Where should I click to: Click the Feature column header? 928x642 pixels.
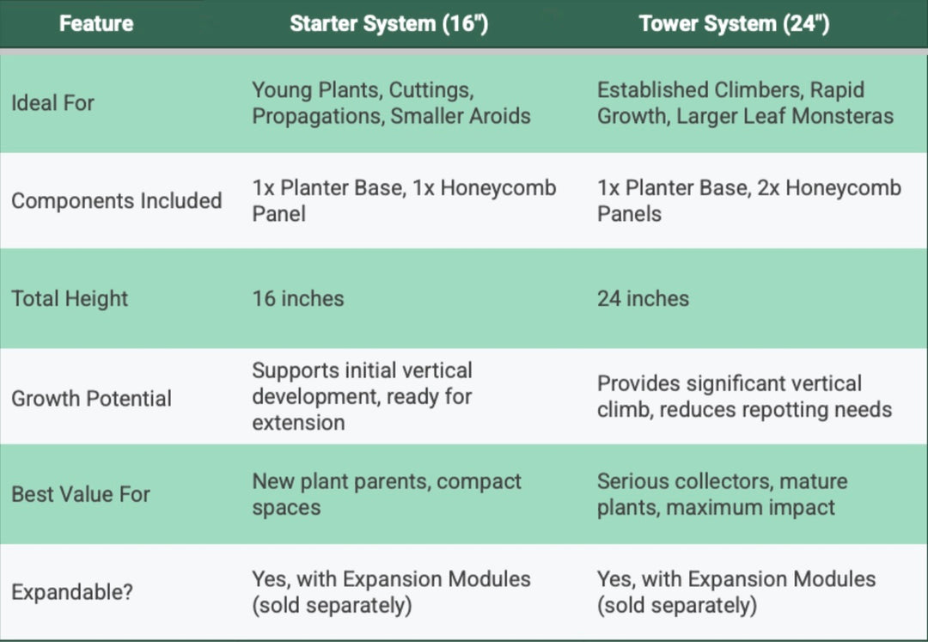pyautogui.click(x=96, y=24)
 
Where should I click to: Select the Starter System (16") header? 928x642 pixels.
pyautogui.click(x=389, y=24)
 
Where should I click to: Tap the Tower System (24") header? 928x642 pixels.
pyautogui.click(x=734, y=24)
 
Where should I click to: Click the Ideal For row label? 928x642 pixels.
pyautogui.click(x=52, y=103)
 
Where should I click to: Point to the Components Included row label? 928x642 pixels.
pyautogui.click(x=117, y=200)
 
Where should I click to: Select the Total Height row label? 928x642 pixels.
pyautogui.click(x=70, y=299)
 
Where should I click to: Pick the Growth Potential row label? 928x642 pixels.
pyautogui.click(x=92, y=398)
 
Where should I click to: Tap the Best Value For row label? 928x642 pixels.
pyautogui.click(x=81, y=494)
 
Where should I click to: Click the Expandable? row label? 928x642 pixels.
pyautogui.click(x=72, y=591)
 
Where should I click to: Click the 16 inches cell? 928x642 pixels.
pyautogui.click(x=298, y=299)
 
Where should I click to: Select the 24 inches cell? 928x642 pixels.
pyautogui.click(x=644, y=299)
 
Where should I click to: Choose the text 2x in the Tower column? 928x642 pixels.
pyautogui.click(x=765, y=188)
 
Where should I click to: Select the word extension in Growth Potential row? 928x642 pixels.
pyautogui.click(x=298, y=423)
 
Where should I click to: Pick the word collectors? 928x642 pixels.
pyautogui.click(x=723, y=481)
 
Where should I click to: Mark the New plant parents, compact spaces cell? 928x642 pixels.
pyautogui.click(x=387, y=494)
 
